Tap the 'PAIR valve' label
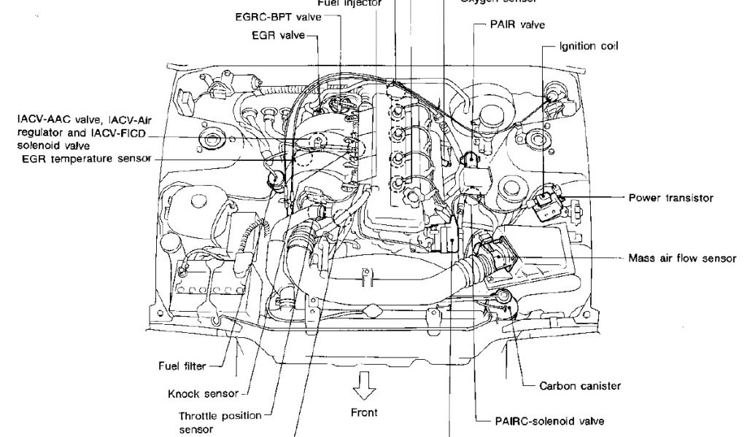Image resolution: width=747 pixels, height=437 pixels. (522, 25)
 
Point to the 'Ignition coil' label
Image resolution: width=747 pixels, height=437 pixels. (588, 46)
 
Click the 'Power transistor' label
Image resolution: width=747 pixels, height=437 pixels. (670, 197)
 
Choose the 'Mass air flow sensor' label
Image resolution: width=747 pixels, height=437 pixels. (681, 258)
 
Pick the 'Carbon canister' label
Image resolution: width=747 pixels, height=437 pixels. (580, 386)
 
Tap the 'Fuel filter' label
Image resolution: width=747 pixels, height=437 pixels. (182, 366)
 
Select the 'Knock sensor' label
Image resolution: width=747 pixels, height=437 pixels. (203, 394)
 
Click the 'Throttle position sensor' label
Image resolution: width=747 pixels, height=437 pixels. (220, 422)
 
